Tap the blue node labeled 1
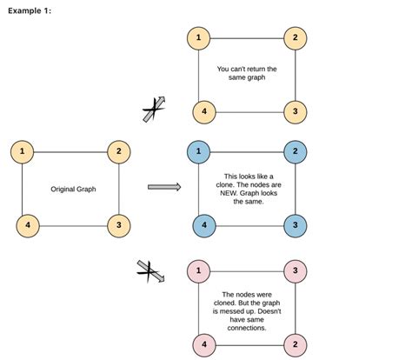[199, 152]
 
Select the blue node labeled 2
[296, 152]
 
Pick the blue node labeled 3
[296, 225]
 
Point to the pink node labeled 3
[296, 270]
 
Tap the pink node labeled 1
[199, 270]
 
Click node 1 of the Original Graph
[23, 152]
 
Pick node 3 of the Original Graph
[119, 225]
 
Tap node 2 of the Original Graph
[119, 152]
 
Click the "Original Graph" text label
[73, 189]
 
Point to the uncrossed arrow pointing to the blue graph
[163, 186]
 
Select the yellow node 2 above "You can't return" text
[296, 38]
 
